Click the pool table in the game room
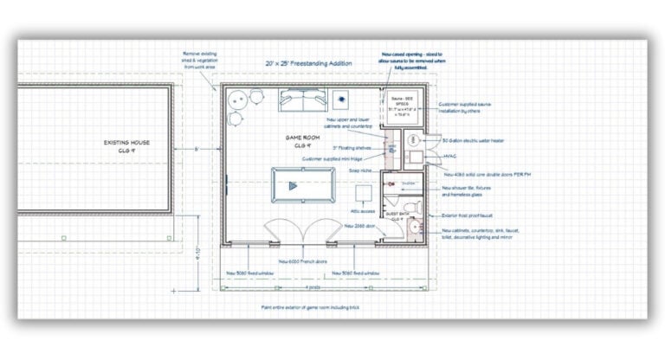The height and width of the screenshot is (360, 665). (303, 183)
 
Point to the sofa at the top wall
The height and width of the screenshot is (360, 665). (299, 101)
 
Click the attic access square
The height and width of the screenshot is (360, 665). (364, 194)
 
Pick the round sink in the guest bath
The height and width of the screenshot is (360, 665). (415, 227)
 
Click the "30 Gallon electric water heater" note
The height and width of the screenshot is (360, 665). (474, 139)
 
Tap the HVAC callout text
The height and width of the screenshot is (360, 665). (449, 157)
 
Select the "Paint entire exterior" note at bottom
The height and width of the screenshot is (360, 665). (311, 306)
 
